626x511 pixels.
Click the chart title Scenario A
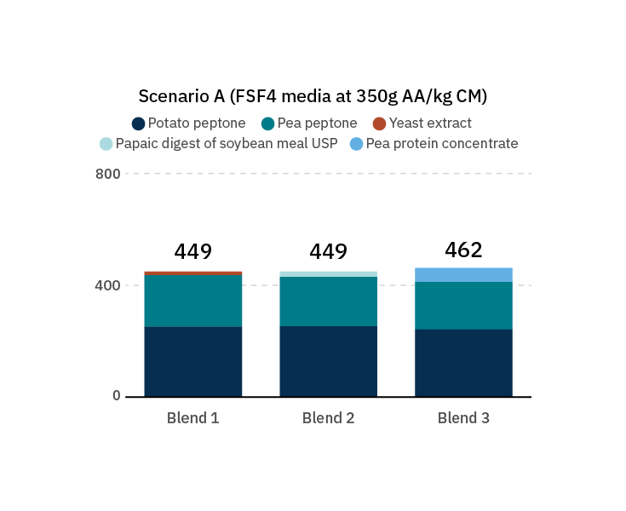click(x=313, y=96)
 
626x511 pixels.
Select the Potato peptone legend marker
click(x=139, y=123)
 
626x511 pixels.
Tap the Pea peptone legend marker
click(x=267, y=123)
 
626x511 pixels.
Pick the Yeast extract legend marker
click(x=380, y=123)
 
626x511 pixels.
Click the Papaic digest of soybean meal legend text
click(x=227, y=144)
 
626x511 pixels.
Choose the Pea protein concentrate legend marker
click(x=357, y=144)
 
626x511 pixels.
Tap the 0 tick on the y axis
click(x=117, y=396)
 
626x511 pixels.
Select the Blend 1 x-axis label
click(x=192, y=418)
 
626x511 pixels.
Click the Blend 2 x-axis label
click(x=328, y=418)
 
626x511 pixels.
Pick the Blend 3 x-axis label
click(x=463, y=418)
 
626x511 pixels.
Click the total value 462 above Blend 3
click(x=463, y=250)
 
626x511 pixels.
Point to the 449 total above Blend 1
click(x=192, y=252)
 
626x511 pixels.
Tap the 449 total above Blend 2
click(x=328, y=252)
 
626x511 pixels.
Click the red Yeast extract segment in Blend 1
click(x=192, y=273)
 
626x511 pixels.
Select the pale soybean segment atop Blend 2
click(x=328, y=274)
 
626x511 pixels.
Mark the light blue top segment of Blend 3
click(x=463, y=275)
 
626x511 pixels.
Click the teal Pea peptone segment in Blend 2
click(x=328, y=301)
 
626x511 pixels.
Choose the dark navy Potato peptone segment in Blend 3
click(x=463, y=363)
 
